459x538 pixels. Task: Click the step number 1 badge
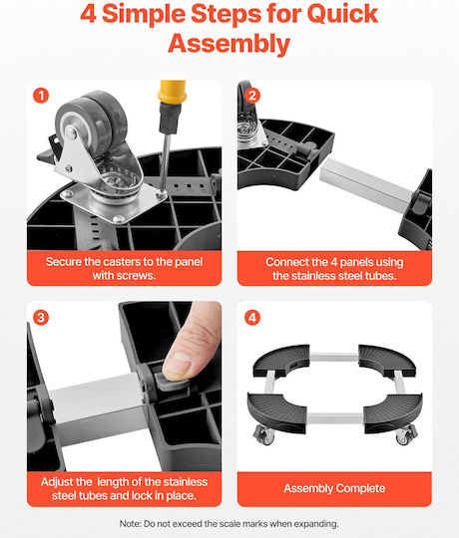pos(41,96)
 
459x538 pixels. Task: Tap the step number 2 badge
pos(252,96)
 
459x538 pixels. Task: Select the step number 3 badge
pos(41,318)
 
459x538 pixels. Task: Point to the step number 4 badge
pos(252,318)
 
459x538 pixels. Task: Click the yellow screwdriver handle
pos(172,92)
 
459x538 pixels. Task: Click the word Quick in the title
pos(342,14)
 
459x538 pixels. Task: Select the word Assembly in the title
pos(229,44)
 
